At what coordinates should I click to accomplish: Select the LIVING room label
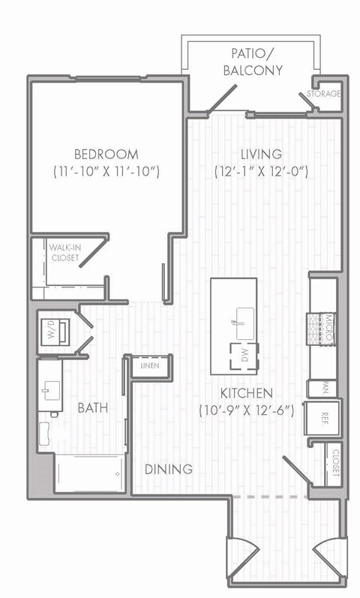pyautogui.click(x=261, y=155)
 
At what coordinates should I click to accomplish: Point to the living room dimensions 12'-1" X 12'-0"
pyautogui.click(x=261, y=172)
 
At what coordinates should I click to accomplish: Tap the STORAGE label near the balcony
pyautogui.click(x=324, y=94)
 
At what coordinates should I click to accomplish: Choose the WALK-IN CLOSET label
pyautogui.click(x=65, y=253)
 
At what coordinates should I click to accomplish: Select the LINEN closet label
pyautogui.click(x=149, y=365)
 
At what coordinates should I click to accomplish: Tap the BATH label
pyautogui.click(x=92, y=408)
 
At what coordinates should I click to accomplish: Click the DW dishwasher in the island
pyautogui.click(x=244, y=356)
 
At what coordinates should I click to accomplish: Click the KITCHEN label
pyautogui.click(x=246, y=393)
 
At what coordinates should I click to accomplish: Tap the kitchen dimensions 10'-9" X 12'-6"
pyautogui.click(x=250, y=411)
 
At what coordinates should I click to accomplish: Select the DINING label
pyautogui.click(x=169, y=469)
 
